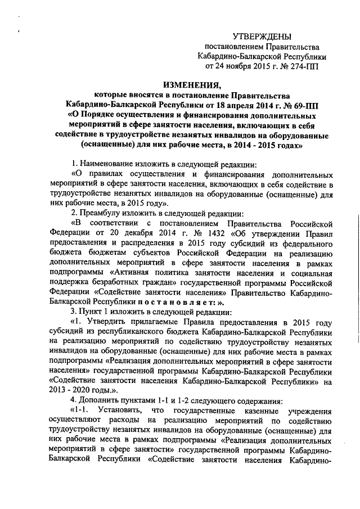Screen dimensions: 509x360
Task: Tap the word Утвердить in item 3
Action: point(111,322)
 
